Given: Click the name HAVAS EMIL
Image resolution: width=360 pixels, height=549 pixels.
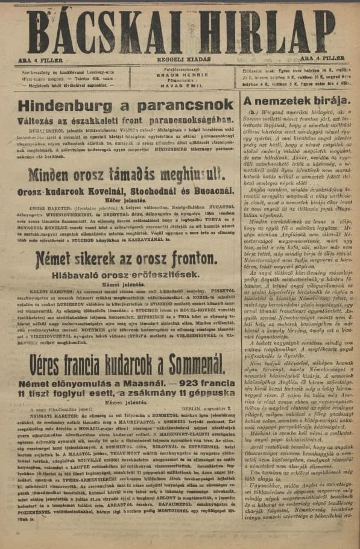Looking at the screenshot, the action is (179, 86).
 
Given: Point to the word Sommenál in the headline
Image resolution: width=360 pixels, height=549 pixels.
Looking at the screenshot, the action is (191, 347).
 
